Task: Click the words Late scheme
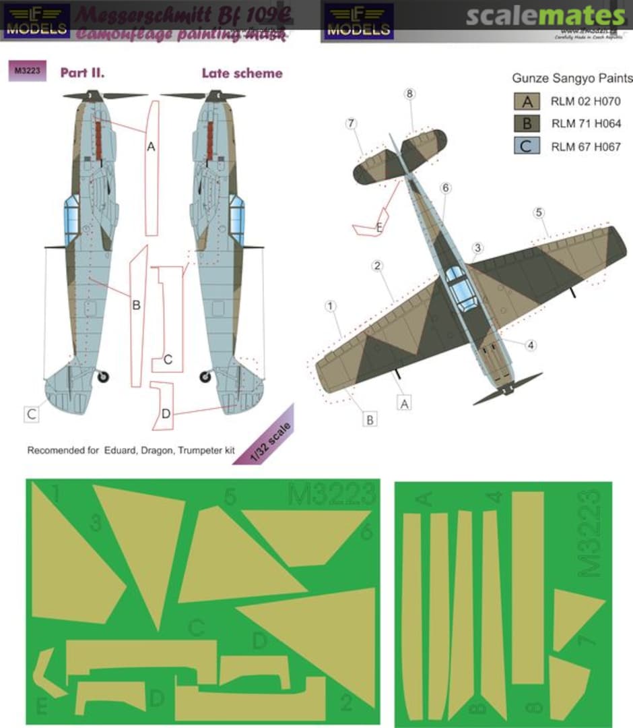point(242,73)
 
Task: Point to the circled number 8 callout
point(409,94)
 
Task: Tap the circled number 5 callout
point(538,213)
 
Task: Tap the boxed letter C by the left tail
point(32,415)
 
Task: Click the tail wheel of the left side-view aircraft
point(102,377)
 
